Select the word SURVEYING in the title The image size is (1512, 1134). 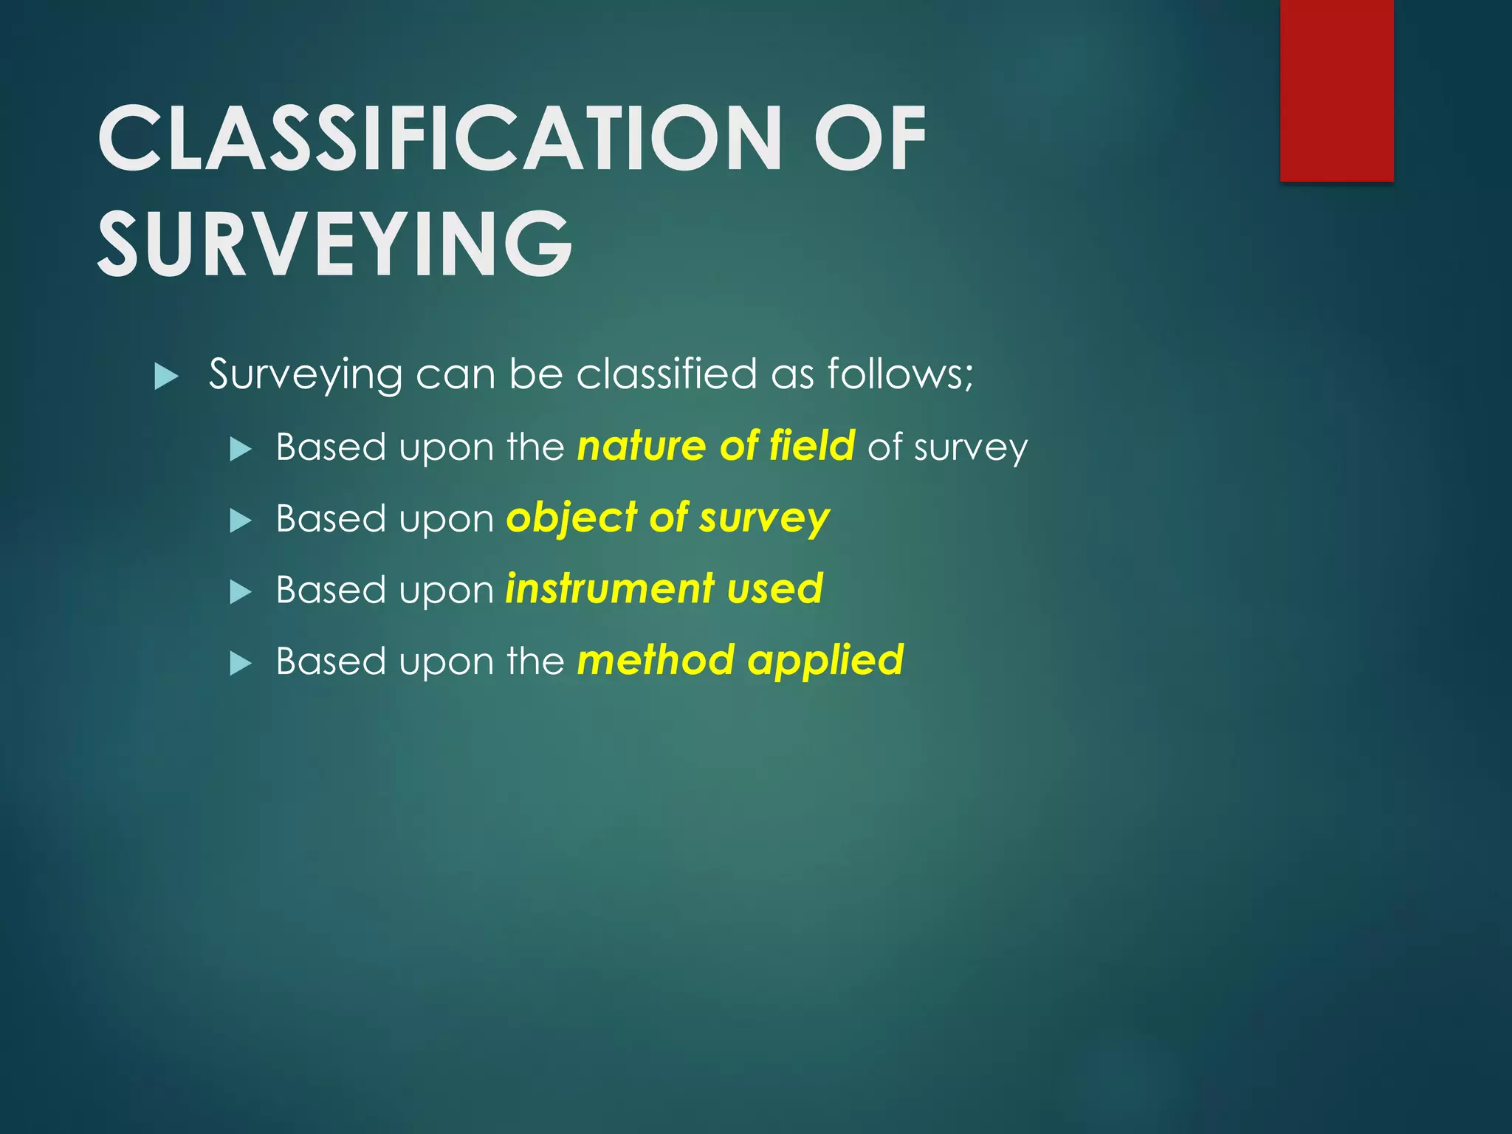335,244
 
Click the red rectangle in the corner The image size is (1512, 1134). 1336,90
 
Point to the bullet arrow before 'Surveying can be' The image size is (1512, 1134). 167,377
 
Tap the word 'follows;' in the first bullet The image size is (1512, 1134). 900,374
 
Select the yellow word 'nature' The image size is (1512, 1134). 642,446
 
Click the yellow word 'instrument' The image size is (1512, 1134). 610,588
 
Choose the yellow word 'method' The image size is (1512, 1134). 656,659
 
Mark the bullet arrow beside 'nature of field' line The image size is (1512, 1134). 241,449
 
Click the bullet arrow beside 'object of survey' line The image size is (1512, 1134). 241,521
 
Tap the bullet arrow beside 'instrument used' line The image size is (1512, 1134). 241,592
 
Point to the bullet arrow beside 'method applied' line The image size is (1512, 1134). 241,664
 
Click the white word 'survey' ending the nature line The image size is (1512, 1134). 970,448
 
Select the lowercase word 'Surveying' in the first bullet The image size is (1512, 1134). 306,375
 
